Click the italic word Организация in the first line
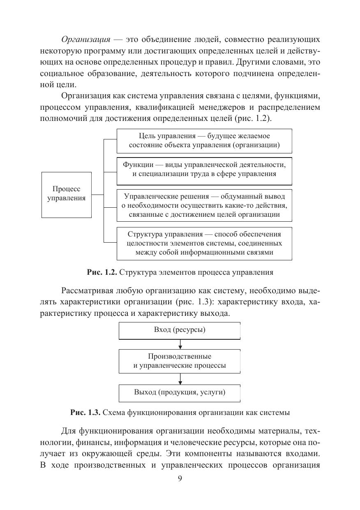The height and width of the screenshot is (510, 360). coord(85,39)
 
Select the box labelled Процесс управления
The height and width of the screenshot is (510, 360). coord(66,195)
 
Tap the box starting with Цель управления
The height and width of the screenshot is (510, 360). coord(204,141)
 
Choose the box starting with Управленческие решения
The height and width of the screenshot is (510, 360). coord(204,205)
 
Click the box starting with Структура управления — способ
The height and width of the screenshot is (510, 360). coord(204,243)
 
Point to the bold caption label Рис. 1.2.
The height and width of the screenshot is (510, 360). coord(102,272)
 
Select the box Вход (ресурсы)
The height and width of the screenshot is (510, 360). coord(180,330)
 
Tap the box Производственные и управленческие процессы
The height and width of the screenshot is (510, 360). coord(180,361)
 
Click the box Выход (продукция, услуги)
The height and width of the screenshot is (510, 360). coord(180,392)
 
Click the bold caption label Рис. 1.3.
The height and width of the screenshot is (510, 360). coord(85,412)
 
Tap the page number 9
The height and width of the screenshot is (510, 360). coord(180,478)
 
